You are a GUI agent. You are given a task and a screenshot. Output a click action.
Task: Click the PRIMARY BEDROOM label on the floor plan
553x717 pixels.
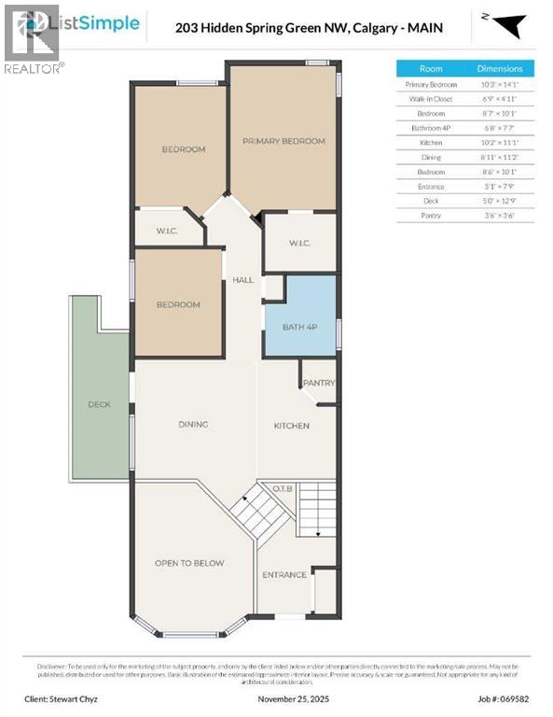pyautogui.click(x=283, y=141)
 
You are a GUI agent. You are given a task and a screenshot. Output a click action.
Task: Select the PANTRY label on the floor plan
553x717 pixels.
pyautogui.click(x=319, y=383)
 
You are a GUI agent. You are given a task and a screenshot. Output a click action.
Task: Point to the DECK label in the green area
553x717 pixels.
pyautogui.click(x=99, y=404)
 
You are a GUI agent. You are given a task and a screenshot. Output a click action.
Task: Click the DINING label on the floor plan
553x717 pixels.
pyautogui.click(x=193, y=425)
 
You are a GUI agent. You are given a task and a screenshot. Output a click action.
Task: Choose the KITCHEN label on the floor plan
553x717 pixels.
pyautogui.click(x=291, y=426)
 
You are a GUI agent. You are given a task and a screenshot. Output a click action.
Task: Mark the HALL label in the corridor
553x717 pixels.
pyautogui.click(x=243, y=280)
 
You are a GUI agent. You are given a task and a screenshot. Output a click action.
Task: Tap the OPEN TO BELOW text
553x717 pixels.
pyautogui.click(x=190, y=563)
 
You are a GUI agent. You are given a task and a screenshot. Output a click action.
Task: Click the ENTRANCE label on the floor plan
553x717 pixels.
pyautogui.click(x=284, y=574)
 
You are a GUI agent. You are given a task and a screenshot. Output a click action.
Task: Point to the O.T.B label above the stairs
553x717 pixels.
pyautogui.click(x=283, y=487)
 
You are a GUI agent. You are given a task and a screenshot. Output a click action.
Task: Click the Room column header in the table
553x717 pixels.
pyautogui.click(x=431, y=68)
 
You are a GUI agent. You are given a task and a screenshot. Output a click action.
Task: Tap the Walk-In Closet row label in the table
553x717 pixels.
pyautogui.click(x=431, y=99)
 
